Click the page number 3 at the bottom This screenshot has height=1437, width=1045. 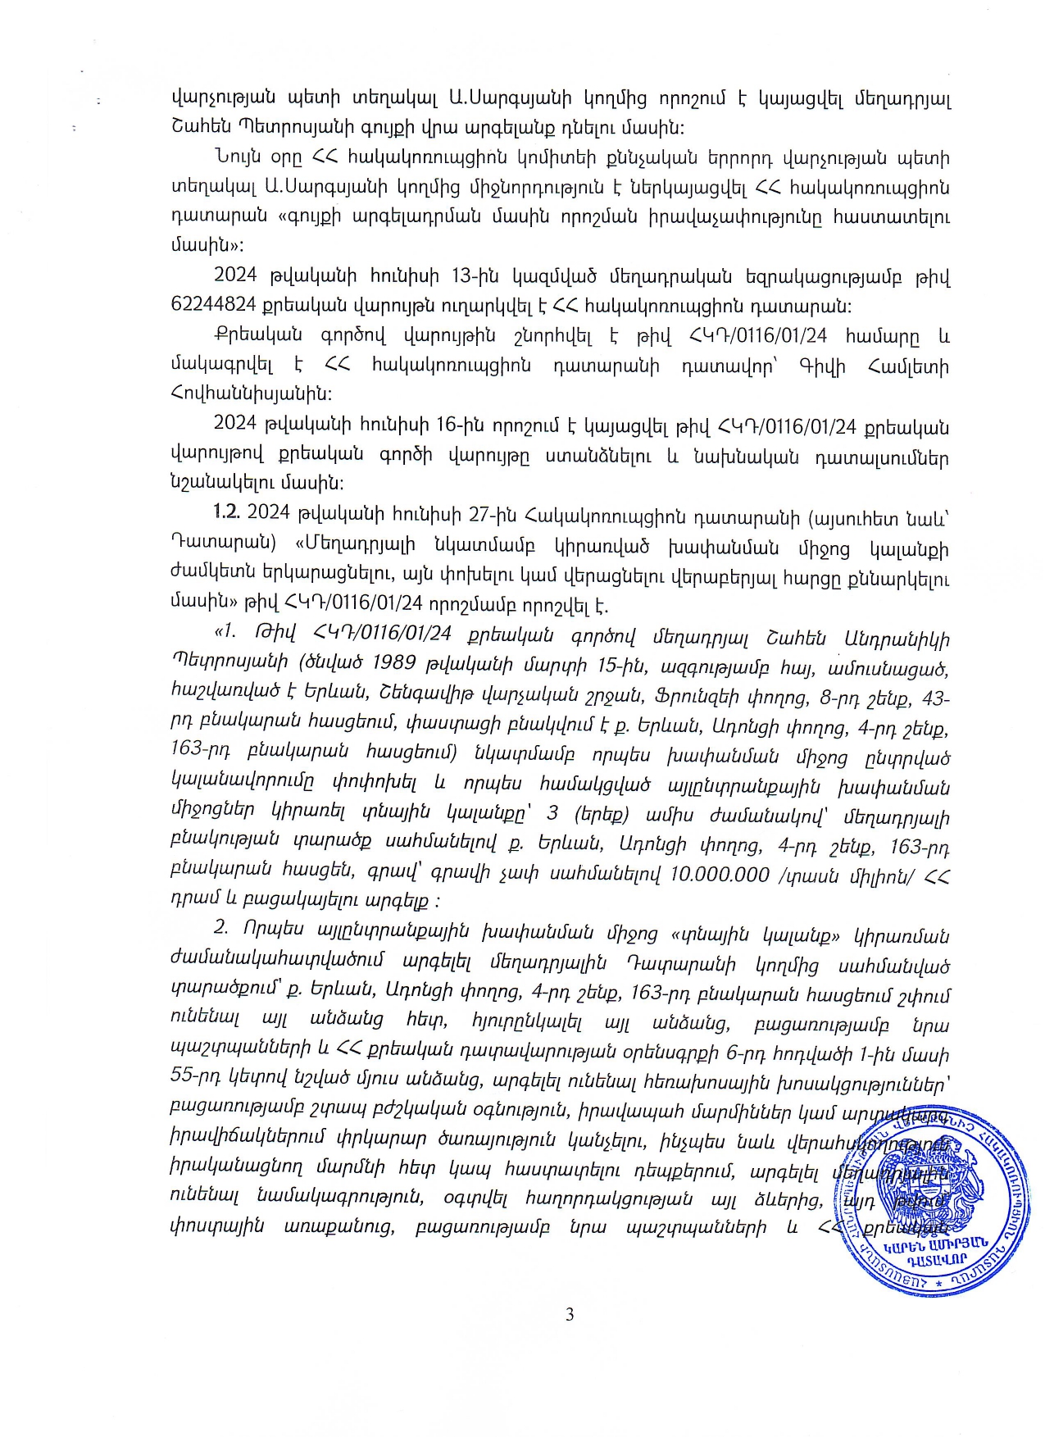click(570, 1315)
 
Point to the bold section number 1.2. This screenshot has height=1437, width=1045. click(225, 512)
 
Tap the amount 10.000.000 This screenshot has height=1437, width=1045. click(720, 874)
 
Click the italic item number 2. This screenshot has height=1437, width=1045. click(220, 932)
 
